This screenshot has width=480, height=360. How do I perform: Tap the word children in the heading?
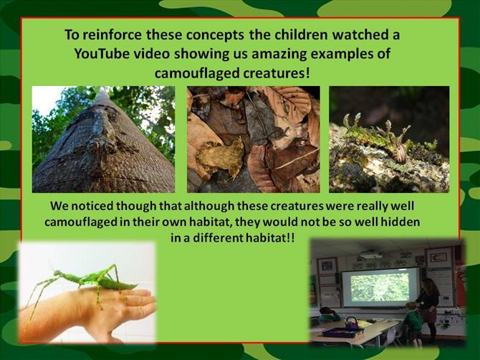pos(301,34)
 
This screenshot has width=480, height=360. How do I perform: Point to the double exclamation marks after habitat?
pos(290,237)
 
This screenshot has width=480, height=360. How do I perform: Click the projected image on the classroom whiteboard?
pos(380,287)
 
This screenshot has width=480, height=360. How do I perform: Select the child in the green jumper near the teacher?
pos(414,322)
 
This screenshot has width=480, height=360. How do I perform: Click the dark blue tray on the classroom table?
pos(343,332)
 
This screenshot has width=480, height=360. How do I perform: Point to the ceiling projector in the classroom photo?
pos(370,255)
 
